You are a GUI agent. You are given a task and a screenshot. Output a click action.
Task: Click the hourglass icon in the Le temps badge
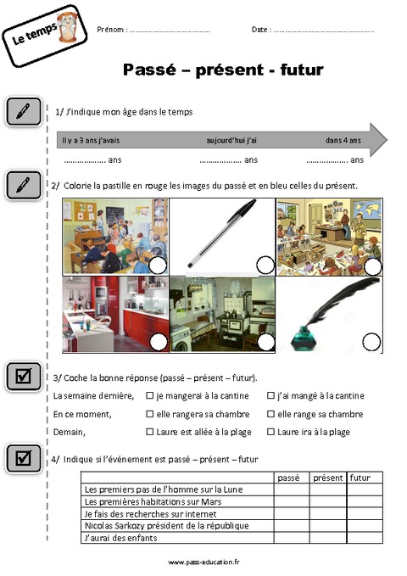pyautogui.click(x=68, y=26)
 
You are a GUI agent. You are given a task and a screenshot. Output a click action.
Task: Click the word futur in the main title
pyautogui.click(x=302, y=70)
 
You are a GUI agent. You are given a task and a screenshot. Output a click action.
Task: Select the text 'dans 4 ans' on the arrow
pyautogui.click(x=343, y=140)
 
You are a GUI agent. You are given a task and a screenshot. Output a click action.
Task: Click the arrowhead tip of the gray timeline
pyautogui.click(x=387, y=140)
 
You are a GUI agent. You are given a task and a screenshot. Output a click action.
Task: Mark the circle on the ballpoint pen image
pyautogui.click(x=265, y=266)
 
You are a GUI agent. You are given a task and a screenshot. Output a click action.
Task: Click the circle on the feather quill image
pyautogui.click(x=371, y=342)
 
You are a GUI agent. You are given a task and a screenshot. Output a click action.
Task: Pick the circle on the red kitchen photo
pyautogui.click(x=159, y=342)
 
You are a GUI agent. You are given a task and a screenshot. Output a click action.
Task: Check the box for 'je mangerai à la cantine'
pyautogui.click(x=149, y=395)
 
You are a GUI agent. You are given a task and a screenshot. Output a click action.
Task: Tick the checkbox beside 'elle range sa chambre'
pyautogui.click(x=270, y=414)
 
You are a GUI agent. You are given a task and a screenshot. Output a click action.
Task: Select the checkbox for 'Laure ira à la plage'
pyautogui.click(x=270, y=432)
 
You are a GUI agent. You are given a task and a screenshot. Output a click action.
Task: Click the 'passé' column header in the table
pyautogui.click(x=288, y=478)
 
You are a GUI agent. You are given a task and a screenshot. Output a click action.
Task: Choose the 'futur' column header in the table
pyautogui.click(x=360, y=478)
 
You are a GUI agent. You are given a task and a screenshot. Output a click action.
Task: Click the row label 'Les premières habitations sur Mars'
pyautogui.click(x=153, y=502)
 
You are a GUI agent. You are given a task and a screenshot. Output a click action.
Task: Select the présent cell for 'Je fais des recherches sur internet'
pyautogui.click(x=327, y=514)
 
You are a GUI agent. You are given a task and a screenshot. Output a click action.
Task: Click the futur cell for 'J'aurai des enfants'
pyautogui.click(x=365, y=538)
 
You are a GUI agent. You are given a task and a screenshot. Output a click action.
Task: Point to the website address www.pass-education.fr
pyautogui.click(x=203, y=562)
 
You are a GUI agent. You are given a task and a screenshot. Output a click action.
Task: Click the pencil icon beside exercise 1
pyautogui.click(x=23, y=111)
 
